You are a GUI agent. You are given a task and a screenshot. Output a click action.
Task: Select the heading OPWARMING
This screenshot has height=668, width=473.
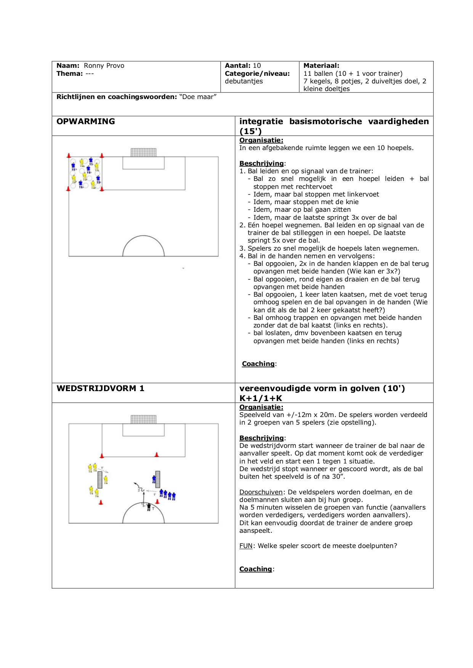(x=85, y=121)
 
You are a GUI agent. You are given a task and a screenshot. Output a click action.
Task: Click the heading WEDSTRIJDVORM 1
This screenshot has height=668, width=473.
(x=100, y=388)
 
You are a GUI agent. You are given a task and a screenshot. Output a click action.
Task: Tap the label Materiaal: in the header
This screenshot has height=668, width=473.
(x=321, y=66)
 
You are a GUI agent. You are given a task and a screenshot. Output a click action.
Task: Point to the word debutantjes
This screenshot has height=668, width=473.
(x=244, y=81)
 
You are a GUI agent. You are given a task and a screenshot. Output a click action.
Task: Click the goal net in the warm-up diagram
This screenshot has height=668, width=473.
(x=143, y=152)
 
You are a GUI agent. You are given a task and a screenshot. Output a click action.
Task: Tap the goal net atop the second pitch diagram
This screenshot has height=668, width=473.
(x=143, y=419)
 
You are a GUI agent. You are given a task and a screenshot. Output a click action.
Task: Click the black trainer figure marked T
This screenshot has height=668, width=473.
(x=149, y=507)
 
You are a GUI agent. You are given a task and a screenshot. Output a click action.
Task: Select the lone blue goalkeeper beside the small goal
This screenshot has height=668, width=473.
(x=154, y=479)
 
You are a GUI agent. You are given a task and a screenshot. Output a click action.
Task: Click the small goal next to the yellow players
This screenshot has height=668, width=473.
(x=100, y=479)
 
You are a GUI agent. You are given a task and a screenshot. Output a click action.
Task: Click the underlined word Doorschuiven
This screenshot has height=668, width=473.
(x=261, y=492)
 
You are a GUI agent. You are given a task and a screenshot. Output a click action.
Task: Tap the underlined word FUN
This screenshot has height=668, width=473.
(x=246, y=546)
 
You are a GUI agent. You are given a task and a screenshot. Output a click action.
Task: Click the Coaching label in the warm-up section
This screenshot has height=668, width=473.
(x=258, y=364)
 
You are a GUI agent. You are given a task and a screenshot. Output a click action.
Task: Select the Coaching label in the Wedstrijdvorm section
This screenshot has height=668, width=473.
(x=255, y=569)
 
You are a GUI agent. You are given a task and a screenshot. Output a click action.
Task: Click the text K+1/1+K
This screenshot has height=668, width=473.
(x=261, y=398)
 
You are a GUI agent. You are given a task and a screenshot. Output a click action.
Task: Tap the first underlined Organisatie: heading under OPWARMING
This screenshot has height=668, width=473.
(x=261, y=140)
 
